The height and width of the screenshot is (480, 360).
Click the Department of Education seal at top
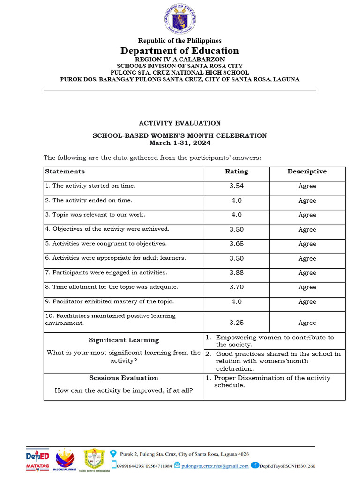[180, 20]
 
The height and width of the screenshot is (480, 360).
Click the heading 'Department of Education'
[180, 51]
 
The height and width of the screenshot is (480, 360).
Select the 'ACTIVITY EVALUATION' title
[180, 123]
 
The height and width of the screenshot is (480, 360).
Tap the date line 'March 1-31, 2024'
[180, 142]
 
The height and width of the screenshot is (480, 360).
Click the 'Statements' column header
[65, 172]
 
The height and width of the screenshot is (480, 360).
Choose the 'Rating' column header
[236, 172]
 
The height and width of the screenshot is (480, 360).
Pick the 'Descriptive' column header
[307, 172]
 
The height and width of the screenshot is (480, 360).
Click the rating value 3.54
[236, 186]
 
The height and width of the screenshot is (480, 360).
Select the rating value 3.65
[236, 244]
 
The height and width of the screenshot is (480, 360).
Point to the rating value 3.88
[236, 273]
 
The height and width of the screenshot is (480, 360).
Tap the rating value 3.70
[236, 287]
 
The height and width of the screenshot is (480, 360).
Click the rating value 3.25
[236, 322]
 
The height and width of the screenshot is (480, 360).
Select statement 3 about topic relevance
[95, 215]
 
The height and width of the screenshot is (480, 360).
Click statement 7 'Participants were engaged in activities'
[106, 272]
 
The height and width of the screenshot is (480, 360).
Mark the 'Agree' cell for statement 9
[307, 302]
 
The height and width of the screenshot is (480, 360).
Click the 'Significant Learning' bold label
[124, 340]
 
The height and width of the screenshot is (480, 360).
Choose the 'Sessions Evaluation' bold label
[124, 378]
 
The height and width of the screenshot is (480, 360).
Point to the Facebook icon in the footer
[255, 465]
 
